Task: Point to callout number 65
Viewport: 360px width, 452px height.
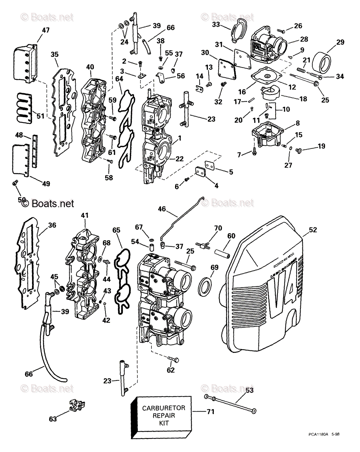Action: (117, 229)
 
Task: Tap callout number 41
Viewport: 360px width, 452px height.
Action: (84, 216)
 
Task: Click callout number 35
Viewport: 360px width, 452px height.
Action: (55, 54)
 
